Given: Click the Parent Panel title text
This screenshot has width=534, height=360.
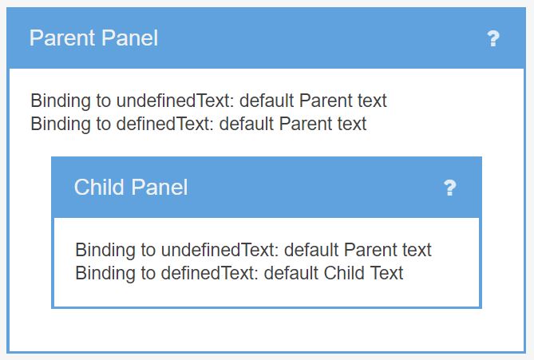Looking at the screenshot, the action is pos(93,38).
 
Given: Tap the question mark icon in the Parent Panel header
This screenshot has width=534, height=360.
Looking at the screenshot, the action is pos(493,38).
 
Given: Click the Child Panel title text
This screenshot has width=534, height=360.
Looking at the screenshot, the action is pos(131,187).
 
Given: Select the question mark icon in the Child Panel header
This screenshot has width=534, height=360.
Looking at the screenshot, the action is pos(450,188).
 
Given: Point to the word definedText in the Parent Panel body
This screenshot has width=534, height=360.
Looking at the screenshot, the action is pos(165,123).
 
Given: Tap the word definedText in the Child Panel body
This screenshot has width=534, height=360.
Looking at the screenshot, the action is pos(210,273).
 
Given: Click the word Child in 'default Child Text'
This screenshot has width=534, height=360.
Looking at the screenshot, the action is pos(344,273).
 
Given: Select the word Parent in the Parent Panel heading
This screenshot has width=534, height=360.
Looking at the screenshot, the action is pos(62,38).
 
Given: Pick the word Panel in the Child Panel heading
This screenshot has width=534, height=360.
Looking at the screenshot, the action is pos(160,187).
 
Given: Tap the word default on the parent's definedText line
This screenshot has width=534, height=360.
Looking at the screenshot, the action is pos(246,123).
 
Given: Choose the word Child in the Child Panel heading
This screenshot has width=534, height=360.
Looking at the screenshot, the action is pos(99,187).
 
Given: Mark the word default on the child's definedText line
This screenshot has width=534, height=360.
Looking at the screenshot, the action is pos(291,273).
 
